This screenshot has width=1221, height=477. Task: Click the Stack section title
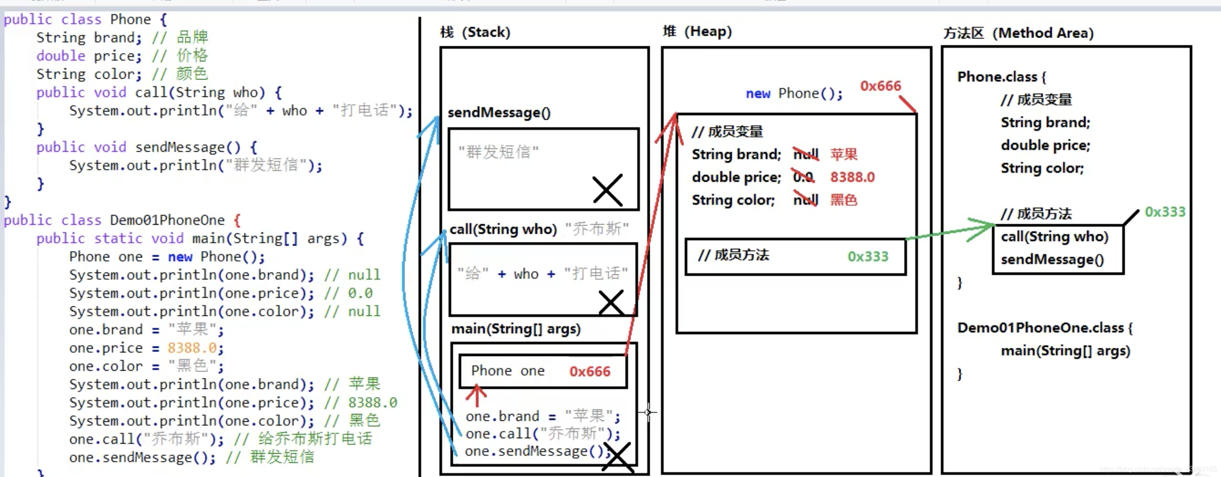tap(475, 32)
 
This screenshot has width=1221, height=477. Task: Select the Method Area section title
tap(1018, 33)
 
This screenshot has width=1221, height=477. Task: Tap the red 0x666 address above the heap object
tap(880, 86)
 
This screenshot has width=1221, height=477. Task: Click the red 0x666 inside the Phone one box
tap(590, 371)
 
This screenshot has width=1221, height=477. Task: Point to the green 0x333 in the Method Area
tap(1164, 212)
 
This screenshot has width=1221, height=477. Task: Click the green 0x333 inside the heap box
tap(867, 257)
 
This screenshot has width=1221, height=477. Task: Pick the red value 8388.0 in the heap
tap(852, 177)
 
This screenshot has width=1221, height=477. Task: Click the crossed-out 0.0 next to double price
tap(803, 177)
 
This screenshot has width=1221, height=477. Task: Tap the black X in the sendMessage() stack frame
tap(607, 190)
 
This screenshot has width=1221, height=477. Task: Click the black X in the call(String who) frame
tap(611, 302)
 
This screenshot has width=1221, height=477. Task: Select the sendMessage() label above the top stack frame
tap(499, 113)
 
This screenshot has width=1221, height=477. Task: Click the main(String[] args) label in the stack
tap(516, 329)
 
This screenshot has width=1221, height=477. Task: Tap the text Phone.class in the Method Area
tap(997, 77)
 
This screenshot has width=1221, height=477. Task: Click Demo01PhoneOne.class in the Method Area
tap(1041, 328)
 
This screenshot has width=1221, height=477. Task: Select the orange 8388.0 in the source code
tap(192, 348)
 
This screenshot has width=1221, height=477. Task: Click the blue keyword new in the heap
tap(758, 93)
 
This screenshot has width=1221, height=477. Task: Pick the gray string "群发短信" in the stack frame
tap(498, 152)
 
